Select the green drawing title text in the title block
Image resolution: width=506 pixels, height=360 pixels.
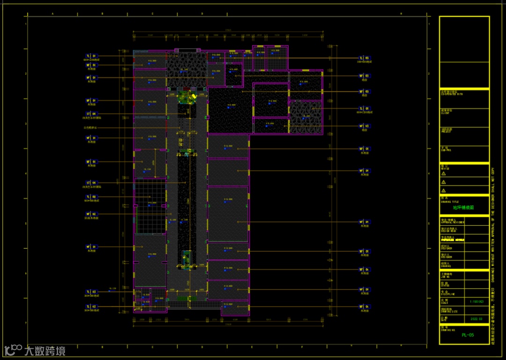tap(463, 207)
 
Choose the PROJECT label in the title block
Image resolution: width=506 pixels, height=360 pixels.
tap(446, 131)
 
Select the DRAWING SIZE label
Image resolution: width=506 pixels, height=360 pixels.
tap(447, 310)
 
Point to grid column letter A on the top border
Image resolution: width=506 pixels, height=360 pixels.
tap(52, 14)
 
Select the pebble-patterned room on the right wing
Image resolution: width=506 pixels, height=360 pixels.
tap(305, 118)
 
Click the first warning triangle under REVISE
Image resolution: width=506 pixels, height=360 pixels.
tap(444, 174)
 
